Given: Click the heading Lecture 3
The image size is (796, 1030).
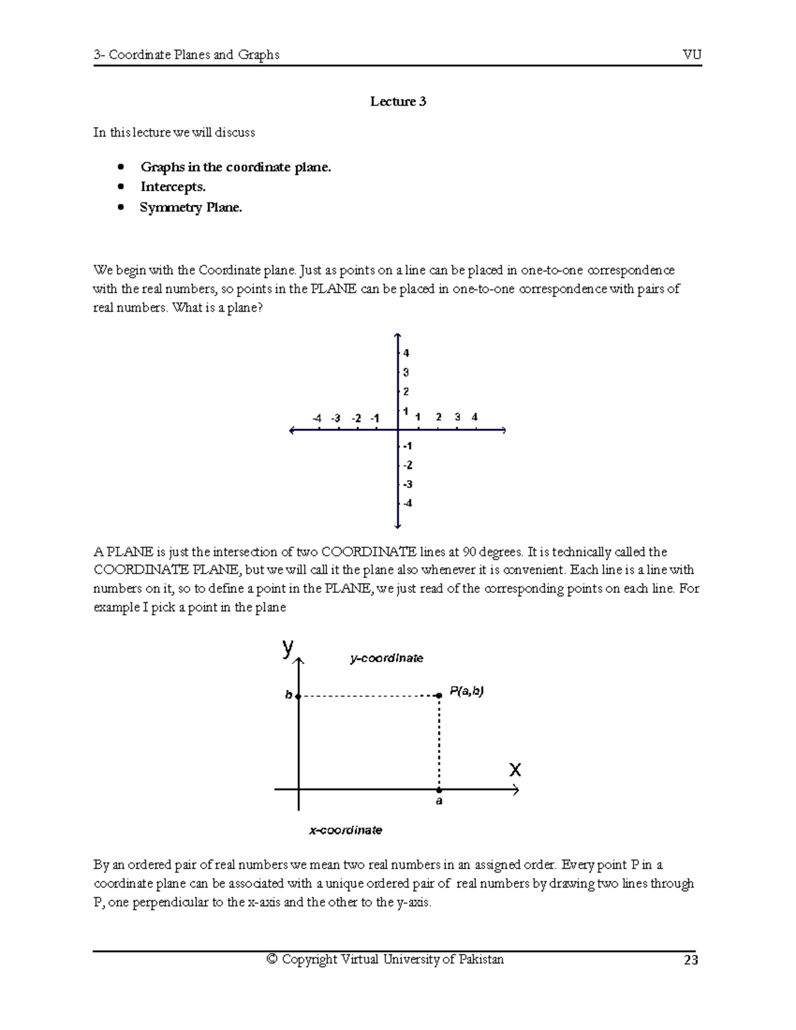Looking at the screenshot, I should (x=398, y=101).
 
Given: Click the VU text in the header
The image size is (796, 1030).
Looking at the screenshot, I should (x=692, y=54).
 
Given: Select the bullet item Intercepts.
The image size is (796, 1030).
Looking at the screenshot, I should (x=172, y=187).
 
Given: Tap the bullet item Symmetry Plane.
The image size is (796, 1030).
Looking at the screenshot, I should (x=191, y=208).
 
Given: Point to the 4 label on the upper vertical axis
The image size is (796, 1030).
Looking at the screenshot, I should (x=407, y=353).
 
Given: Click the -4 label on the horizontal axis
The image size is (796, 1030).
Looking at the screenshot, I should (x=316, y=418).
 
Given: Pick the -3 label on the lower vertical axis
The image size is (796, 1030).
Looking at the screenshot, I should (x=407, y=484).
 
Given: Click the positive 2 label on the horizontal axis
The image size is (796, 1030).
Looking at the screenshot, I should (x=438, y=417).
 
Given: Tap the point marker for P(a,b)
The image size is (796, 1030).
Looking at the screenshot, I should (x=438, y=695).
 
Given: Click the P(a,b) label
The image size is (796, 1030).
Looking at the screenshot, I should (x=467, y=691).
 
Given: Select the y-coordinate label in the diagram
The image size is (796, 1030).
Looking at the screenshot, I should (x=387, y=658).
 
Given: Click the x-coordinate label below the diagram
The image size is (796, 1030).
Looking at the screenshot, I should (x=346, y=830).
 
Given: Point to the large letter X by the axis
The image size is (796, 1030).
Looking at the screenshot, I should (x=515, y=770).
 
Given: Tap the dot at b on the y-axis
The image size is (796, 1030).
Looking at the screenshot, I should (x=298, y=696).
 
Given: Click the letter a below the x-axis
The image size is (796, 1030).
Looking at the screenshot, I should (x=438, y=801).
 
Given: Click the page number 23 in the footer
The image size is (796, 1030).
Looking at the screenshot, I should (x=691, y=960).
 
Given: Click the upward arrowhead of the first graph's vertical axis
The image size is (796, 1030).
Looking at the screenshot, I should (x=397, y=336).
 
